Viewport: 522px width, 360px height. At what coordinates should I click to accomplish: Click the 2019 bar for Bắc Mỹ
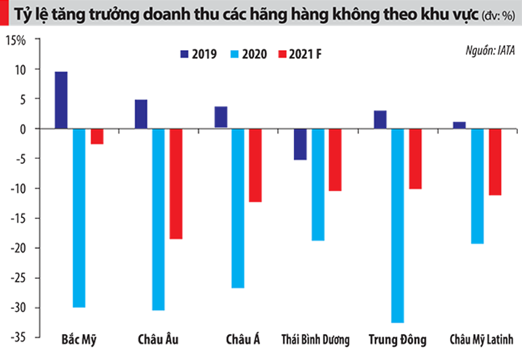[61, 100]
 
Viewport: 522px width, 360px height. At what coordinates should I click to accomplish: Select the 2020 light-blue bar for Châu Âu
[158, 219]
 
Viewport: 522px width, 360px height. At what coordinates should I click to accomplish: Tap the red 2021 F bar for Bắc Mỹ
[97, 136]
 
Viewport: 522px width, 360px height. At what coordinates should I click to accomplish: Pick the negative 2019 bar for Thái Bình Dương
[300, 144]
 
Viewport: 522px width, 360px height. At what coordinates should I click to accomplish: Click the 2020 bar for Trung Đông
[397, 225]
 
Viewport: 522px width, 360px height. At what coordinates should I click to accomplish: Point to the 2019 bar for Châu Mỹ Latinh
[460, 125]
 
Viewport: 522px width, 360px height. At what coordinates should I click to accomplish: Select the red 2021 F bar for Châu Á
[255, 165]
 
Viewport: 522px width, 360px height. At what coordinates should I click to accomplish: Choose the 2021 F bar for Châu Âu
[176, 184]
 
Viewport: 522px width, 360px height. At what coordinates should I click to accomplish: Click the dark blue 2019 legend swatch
[185, 54]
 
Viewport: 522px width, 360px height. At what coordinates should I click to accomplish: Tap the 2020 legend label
[254, 54]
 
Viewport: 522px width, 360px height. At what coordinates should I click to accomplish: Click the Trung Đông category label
[397, 340]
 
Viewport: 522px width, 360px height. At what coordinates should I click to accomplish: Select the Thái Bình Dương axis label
[315, 340]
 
